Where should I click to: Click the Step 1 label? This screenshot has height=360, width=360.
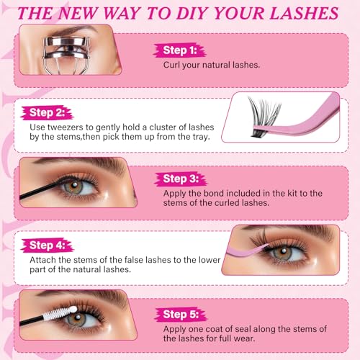point(180,50)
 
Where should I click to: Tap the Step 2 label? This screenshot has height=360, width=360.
point(47,112)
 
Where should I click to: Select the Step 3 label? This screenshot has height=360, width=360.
point(181,179)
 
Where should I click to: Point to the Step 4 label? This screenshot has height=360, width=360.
point(47,246)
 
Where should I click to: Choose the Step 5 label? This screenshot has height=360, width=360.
point(181,314)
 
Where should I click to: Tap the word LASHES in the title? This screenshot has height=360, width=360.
point(304,13)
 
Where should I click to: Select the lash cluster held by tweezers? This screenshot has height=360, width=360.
point(264,117)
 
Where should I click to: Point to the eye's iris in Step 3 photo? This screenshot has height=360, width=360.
point(74,186)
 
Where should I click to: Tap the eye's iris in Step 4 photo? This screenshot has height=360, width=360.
point(283,253)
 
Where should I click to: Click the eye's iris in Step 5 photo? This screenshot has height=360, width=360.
point(76,319)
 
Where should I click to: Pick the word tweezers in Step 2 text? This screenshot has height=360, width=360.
point(64,127)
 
